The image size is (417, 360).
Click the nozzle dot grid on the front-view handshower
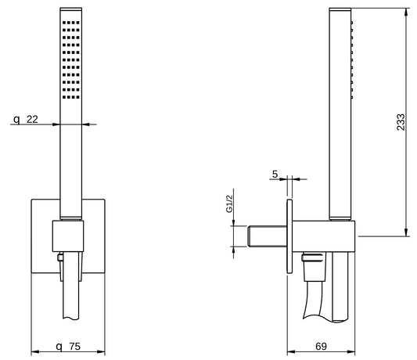point(67,58)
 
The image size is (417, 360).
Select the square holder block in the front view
point(67,234)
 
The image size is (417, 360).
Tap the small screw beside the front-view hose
point(59,256)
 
